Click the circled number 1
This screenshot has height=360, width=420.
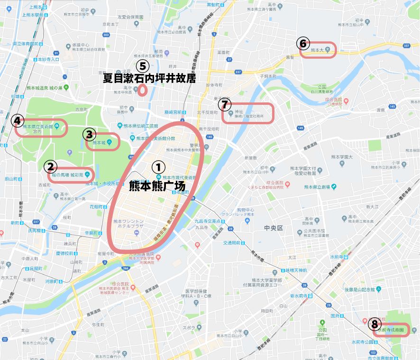pyautogui.click(x=158, y=167)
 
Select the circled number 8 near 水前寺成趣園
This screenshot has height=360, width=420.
pyautogui.click(x=374, y=325)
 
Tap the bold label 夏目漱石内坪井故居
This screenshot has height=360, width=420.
pyautogui.click(x=149, y=78)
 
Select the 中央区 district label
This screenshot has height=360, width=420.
pyautogui.click(x=274, y=228)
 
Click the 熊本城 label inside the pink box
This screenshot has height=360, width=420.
pyautogui.click(x=100, y=142)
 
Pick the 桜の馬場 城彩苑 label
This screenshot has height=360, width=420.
pyautogui.click(x=68, y=175)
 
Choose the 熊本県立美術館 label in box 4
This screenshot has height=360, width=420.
pyautogui.click(x=37, y=126)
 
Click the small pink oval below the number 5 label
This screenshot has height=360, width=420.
pyautogui.click(x=142, y=91)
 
